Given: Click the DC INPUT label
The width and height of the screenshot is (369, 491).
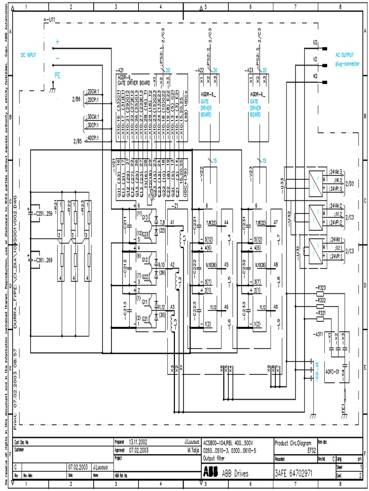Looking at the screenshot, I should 28,55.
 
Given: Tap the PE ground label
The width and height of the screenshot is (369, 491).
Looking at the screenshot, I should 58,75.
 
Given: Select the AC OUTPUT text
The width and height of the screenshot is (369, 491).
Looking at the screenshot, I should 345,55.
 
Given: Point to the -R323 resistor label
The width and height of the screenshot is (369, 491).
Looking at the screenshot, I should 320,287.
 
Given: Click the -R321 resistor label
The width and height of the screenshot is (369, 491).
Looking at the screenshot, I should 320,312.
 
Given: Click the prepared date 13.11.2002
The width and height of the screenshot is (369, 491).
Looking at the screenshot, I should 138,443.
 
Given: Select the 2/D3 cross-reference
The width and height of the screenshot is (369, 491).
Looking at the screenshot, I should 349,184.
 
